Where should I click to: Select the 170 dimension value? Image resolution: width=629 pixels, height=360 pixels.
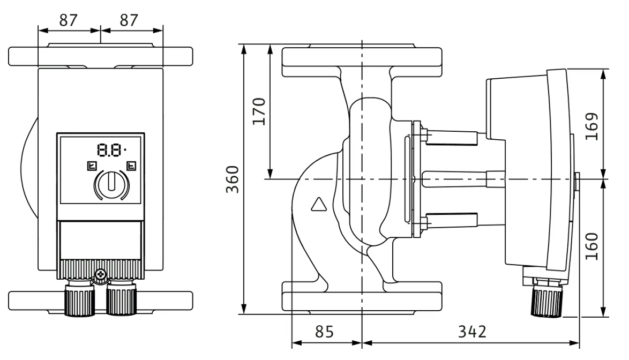(x=259, y=111)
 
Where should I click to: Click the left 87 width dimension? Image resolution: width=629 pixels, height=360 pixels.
(x=68, y=20)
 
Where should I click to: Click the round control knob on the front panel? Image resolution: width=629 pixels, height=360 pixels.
(x=111, y=185)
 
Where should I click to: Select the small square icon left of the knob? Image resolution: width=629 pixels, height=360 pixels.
(x=91, y=166)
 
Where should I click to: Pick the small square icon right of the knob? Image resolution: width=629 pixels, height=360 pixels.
(x=131, y=166)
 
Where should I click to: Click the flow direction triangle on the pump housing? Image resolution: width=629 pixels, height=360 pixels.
(x=318, y=205)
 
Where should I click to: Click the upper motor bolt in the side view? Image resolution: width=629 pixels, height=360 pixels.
(x=450, y=137)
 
